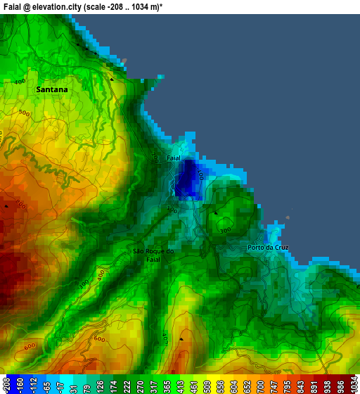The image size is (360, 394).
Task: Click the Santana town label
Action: (52, 90)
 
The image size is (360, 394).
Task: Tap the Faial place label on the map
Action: (174, 158)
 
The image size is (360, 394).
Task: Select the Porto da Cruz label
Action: (268, 248)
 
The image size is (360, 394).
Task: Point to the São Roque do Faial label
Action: (153, 255)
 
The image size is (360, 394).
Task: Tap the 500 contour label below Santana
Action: (25, 113)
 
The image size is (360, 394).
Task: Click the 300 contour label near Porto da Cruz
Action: (225, 231)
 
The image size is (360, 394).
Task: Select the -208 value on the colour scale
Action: (6, 384)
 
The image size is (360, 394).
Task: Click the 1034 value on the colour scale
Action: (353, 384)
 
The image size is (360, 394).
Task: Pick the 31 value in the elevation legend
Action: (73, 384)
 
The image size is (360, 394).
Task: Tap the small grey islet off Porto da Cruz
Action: (288, 218)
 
